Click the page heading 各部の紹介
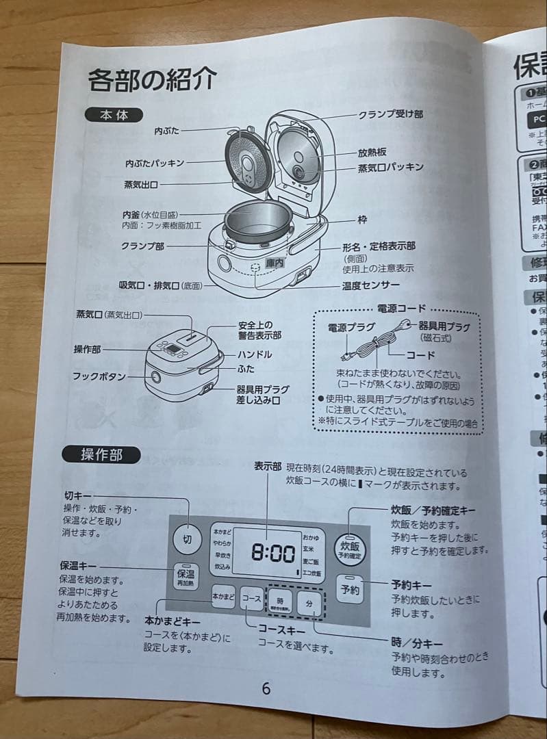152,80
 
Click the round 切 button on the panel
187,539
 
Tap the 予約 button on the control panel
350,590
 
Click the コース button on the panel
252,598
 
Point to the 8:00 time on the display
272,553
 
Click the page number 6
266,688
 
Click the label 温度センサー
371,286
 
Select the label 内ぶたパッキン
154,164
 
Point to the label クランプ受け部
390,114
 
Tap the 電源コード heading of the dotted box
401,309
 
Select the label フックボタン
99,376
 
